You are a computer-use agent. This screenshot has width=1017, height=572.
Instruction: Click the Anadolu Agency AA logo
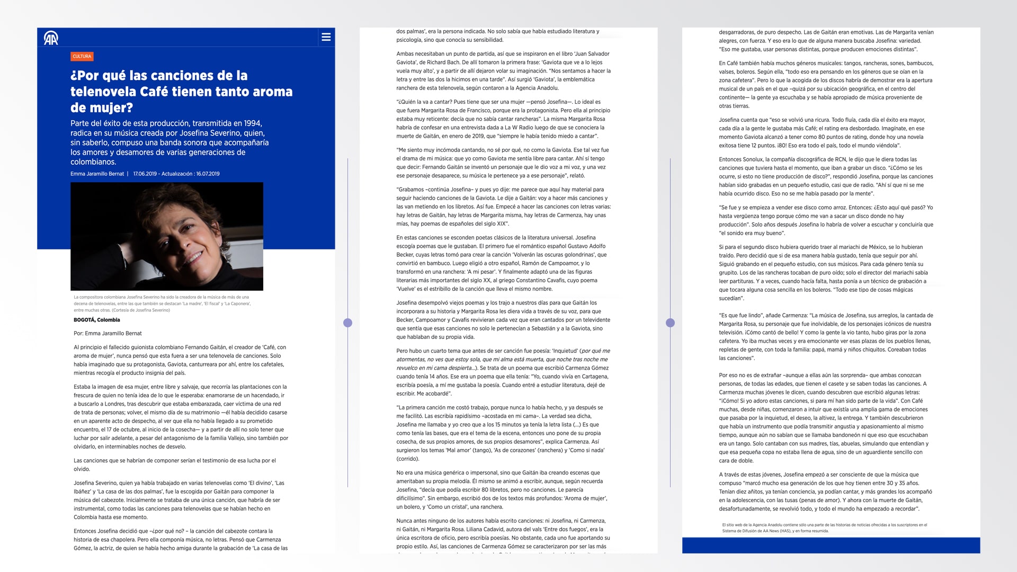click(x=51, y=38)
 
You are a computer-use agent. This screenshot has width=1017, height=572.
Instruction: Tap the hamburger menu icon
click(x=326, y=37)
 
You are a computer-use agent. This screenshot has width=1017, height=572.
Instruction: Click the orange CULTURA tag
click(x=82, y=56)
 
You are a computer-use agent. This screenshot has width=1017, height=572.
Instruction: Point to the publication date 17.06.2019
click(x=145, y=174)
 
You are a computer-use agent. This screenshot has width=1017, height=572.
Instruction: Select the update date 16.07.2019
click(x=208, y=174)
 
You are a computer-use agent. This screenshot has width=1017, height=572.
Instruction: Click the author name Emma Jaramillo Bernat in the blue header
click(x=97, y=174)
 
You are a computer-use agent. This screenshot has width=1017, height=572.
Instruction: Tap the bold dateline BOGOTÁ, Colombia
click(x=97, y=320)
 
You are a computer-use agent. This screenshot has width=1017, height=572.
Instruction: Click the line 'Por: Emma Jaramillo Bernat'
click(x=108, y=333)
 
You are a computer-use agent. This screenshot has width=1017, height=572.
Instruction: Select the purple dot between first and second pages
click(x=347, y=323)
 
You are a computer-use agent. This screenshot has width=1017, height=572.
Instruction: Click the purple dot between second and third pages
click(x=670, y=323)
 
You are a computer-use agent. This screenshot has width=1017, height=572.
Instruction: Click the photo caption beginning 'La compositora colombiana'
click(x=162, y=303)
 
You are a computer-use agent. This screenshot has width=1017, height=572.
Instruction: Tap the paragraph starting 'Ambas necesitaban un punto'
click(x=503, y=71)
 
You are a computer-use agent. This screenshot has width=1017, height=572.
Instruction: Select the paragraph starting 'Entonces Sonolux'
click(x=826, y=176)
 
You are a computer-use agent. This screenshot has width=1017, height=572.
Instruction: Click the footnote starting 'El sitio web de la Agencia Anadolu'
click(x=824, y=528)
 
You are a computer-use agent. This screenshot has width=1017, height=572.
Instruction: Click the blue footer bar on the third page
click(x=831, y=545)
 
